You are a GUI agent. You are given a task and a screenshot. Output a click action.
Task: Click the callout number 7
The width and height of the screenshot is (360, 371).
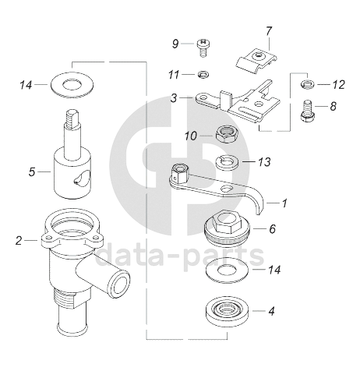[269, 31]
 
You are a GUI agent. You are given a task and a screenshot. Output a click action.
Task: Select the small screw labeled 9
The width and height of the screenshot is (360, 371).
[203, 48]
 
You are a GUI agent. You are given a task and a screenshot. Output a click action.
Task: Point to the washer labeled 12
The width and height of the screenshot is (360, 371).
[308, 84]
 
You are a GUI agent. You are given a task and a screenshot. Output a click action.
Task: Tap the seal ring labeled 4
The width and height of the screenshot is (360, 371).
[228, 313]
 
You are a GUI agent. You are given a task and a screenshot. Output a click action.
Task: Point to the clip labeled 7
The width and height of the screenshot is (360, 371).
[256, 62]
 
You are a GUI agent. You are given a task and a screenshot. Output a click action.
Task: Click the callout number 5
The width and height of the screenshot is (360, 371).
[32, 172]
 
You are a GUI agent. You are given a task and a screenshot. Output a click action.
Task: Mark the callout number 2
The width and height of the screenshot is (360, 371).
[19, 241]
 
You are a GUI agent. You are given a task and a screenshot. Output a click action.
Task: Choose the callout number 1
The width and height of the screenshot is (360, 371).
[284, 203]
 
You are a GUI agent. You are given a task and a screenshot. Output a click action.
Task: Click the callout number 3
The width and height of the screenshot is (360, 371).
[174, 98]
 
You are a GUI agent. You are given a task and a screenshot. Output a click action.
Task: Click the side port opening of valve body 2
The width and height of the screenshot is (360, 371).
[118, 284]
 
